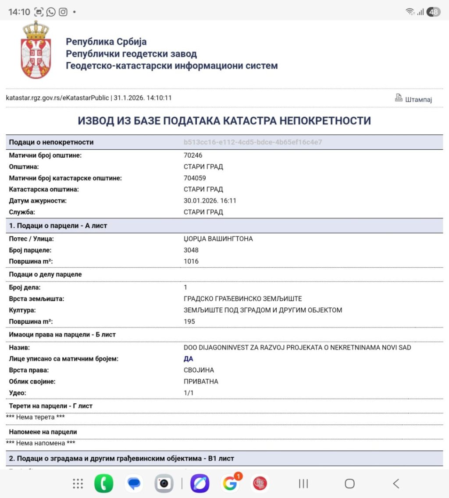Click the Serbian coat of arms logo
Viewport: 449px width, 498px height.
point(36,50)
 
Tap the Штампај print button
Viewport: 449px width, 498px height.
point(413,99)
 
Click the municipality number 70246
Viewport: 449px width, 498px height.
point(193,155)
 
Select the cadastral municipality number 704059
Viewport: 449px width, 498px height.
point(195,178)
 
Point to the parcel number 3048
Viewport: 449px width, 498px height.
point(191,250)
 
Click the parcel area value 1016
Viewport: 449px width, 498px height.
point(191,261)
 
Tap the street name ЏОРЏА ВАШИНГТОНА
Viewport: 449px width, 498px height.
point(218,239)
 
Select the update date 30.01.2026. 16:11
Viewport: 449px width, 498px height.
point(210,201)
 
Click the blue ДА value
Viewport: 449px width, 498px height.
point(189,359)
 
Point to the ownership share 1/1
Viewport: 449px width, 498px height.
point(189,393)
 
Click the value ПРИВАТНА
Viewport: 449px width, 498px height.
point(201,381)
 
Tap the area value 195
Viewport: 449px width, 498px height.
point(189,321)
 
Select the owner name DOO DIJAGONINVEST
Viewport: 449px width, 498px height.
point(297,347)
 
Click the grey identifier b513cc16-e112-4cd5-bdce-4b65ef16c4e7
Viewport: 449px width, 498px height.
point(253,142)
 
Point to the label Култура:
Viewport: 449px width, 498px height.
point(22,310)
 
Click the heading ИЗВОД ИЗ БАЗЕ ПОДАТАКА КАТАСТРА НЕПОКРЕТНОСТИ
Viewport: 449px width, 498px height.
point(224,121)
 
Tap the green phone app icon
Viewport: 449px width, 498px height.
point(103,484)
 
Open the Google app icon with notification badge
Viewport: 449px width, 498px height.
point(230,484)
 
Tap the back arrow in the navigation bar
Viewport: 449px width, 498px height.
point(396,484)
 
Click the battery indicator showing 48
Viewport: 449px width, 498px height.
point(433,12)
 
